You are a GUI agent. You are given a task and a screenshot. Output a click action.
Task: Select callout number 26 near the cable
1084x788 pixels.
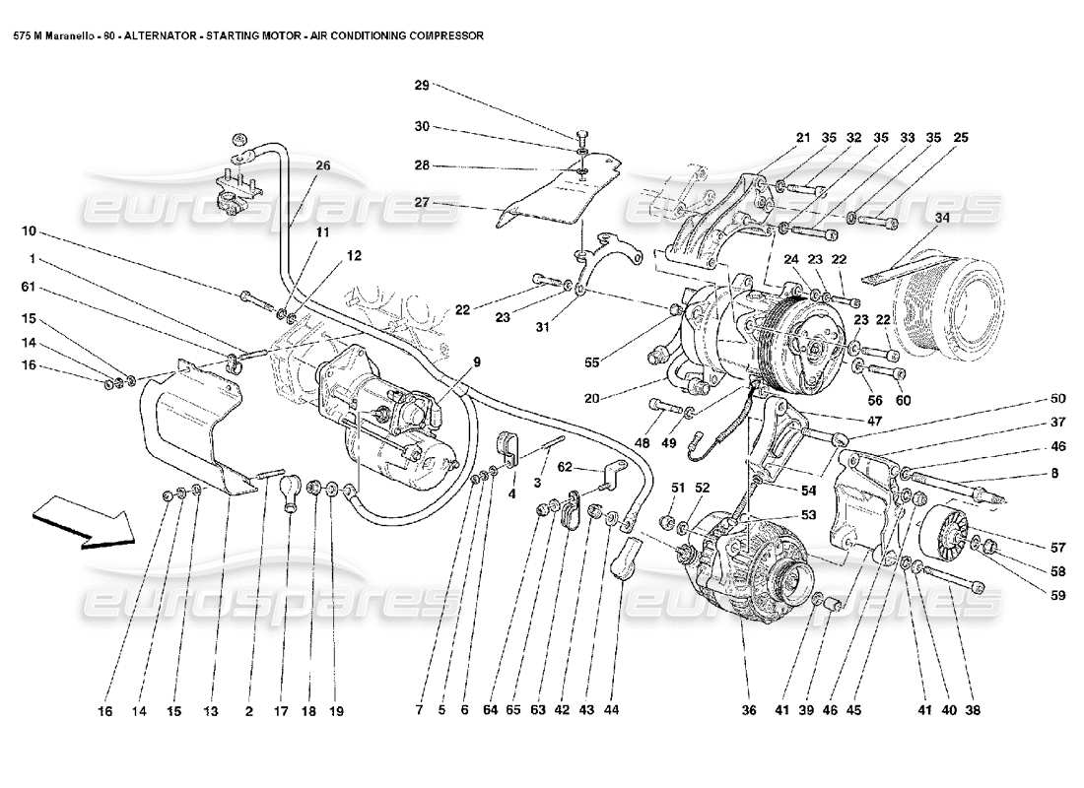click(x=322, y=165)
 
